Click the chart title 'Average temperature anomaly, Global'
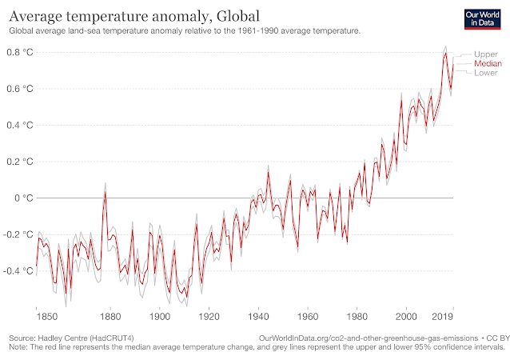pyautogui.click(x=135, y=16)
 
